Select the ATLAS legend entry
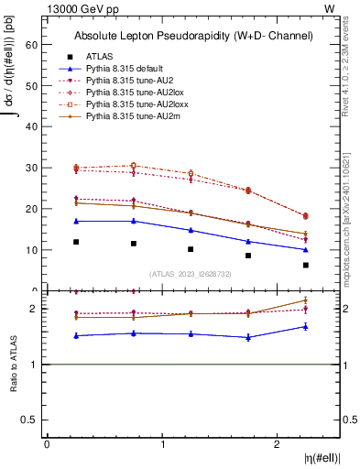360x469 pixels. (x=99, y=57)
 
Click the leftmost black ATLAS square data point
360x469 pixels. (x=76, y=242)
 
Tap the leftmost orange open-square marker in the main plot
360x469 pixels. (x=76, y=168)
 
